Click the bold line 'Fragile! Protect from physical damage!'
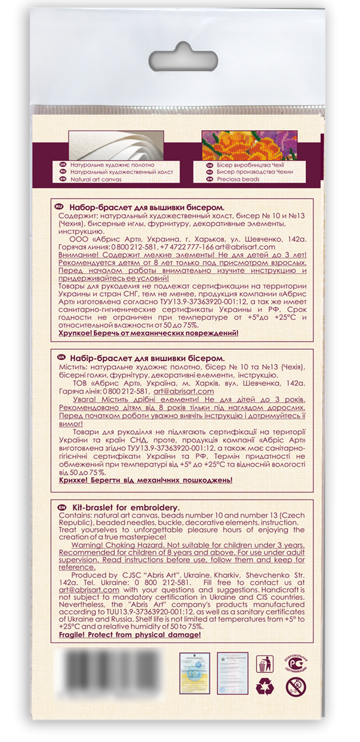click(x=130, y=634)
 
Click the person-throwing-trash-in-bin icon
click(x=263, y=664)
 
